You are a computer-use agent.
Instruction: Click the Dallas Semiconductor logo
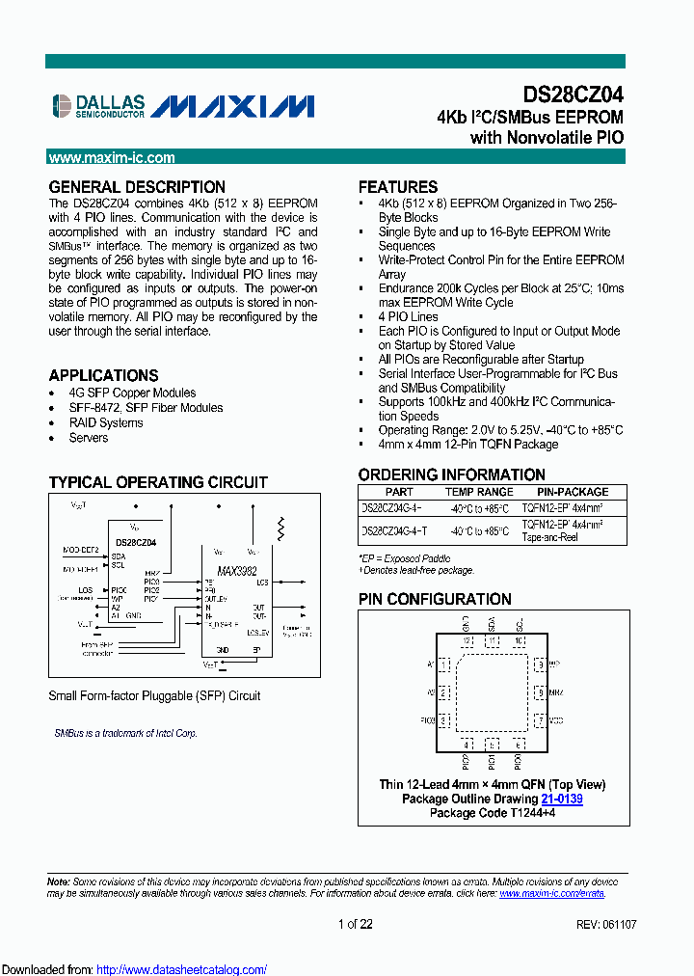pos(97,105)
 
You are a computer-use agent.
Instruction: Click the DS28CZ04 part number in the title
pos(573,95)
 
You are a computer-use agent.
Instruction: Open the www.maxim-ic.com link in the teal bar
pos(112,158)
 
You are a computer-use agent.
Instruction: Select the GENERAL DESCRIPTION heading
pos(137,187)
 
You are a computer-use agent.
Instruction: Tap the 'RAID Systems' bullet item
pos(106,422)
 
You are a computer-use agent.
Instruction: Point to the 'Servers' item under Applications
pos(89,438)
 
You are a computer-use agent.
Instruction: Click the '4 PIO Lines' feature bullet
pos(408,316)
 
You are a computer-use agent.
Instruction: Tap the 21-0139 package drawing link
pos(561,800)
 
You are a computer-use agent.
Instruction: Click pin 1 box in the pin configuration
pos(443,664)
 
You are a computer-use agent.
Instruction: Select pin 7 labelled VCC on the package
pos(541,720)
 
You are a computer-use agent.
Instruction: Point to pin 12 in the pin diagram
pos(466,641)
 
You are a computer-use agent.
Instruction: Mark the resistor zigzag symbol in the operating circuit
pos(281,529)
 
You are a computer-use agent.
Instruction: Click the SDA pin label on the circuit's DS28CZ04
pos(119,556)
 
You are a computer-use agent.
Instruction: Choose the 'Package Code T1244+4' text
pos(492,813)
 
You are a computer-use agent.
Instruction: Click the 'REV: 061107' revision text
pos(605,925)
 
